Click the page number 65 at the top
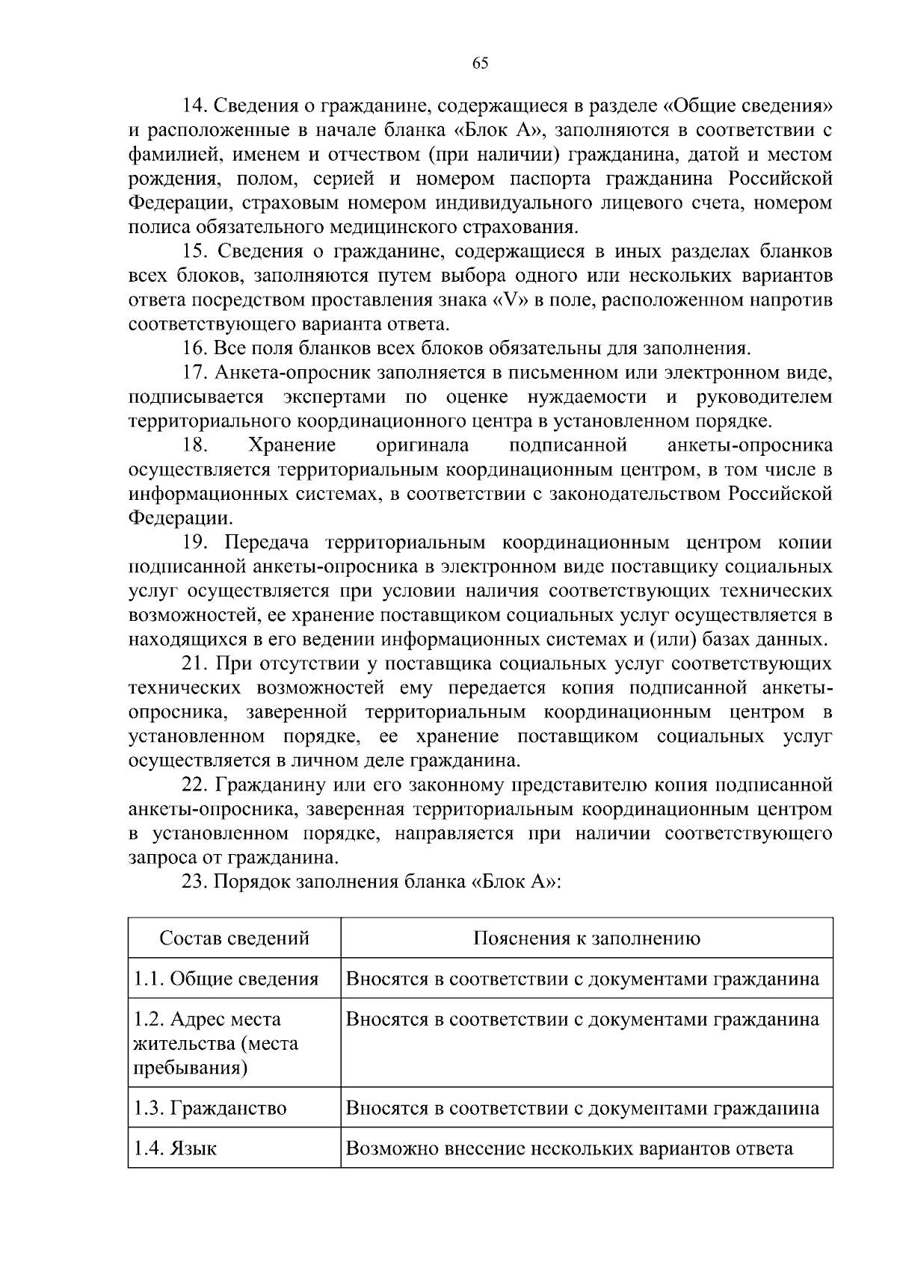click(x=480, y=64)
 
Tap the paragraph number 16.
click(x=194, y=349)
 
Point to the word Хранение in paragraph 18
click(x=292, y=446)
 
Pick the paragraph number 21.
click(x=194, y=664)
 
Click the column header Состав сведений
click(x=234, y=938)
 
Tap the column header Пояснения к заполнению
click(x=587, y=938)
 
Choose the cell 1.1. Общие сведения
click(x=226, y=979)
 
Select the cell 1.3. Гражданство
click(x=210, y=1108)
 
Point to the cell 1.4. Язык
click(x=175, y=1148)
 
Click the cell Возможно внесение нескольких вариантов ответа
click(x=570, y=1148)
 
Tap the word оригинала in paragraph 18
click(x=422, y=446)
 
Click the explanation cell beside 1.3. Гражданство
click(x=582, y=1108)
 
